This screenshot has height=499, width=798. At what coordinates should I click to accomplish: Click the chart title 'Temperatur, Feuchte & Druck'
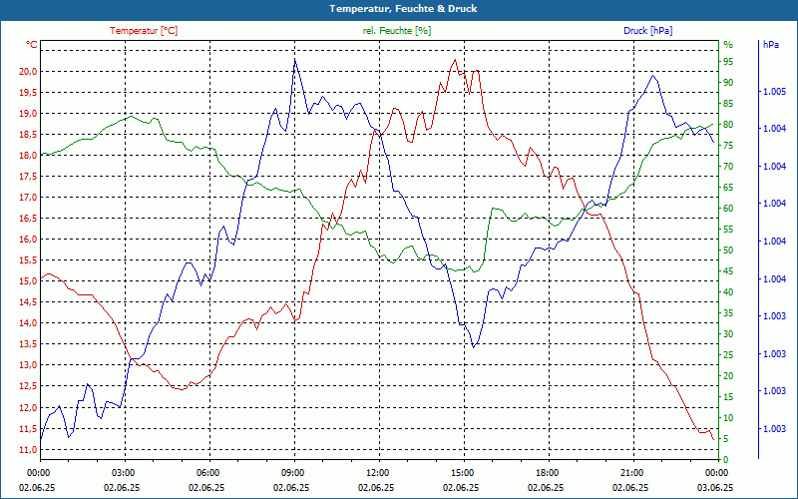click(398, 9)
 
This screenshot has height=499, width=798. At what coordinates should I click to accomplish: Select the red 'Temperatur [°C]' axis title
click(144, 31)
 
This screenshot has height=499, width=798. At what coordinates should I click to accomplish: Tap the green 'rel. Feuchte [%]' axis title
click(397, 31)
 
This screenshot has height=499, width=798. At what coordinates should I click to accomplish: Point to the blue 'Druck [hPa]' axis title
click(647, 31)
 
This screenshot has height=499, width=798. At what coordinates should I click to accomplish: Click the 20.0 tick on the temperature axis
click(27, 72)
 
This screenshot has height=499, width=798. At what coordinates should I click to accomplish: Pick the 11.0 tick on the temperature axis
click(27, 449)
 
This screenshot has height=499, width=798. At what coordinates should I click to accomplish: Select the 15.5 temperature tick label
click(27, 260)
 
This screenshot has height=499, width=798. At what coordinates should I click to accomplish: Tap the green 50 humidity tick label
click(728, 250)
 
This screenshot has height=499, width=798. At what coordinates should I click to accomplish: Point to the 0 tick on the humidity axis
click(725, 459)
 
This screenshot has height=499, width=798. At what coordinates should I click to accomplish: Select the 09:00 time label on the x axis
click(293, 473)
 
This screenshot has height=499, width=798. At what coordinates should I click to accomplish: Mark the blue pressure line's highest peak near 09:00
click(294, 60)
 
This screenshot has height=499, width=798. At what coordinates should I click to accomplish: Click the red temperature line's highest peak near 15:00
click(455, 60)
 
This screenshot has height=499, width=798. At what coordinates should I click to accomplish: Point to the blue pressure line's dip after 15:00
click(474, 345)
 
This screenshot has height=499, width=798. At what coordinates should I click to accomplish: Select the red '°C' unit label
click(32, 45)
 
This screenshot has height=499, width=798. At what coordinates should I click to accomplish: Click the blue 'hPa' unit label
click(771, 45)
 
